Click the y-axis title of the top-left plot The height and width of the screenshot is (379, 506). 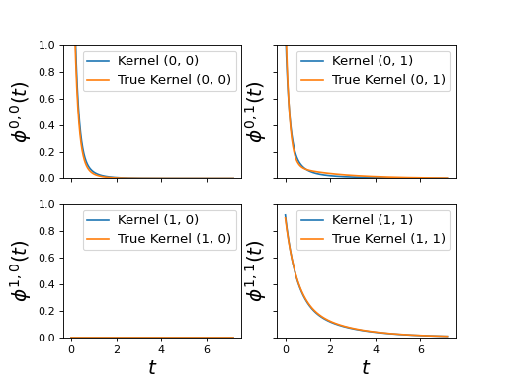(x=21, y=113)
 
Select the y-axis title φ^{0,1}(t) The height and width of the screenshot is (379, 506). (x=256, y=113)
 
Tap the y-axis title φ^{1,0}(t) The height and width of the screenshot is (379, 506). (x=21, y=271)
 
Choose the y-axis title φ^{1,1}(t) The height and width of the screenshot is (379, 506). (x=256, y=271)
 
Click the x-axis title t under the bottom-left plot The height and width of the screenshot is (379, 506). (x=152, y=367)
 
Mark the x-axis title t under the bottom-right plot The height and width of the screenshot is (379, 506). (x=366, y=367)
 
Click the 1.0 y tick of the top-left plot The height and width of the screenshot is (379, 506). (x=46, y=45)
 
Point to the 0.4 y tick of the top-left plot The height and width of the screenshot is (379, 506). (x=46, y=125)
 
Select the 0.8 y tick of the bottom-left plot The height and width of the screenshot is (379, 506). (x=46, y=231)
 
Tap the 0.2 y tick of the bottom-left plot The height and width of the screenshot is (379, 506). (x=46, y=311)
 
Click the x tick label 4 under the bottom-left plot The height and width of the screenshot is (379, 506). (x=161, y=349)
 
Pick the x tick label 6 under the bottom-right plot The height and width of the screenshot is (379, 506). (x=421, y=349)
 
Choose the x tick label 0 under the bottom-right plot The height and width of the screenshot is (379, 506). (x=286, y=349)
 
